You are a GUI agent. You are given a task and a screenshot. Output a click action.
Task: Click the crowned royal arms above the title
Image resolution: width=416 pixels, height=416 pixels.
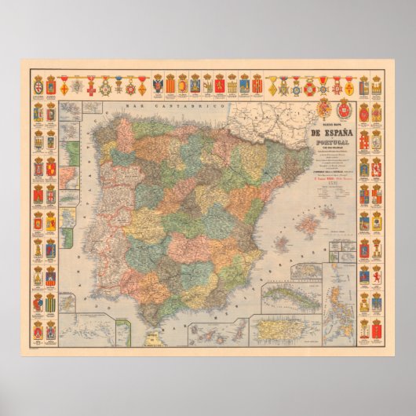(x=323, y=108)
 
